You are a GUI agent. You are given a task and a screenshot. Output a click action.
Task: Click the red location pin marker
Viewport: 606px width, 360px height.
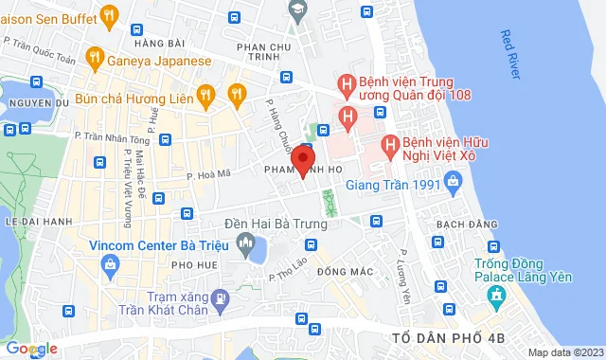point(303,159)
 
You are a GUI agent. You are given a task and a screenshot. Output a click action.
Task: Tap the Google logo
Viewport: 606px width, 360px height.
point(30,349)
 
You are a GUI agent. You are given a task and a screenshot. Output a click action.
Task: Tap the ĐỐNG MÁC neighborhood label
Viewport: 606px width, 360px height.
point(344,271)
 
